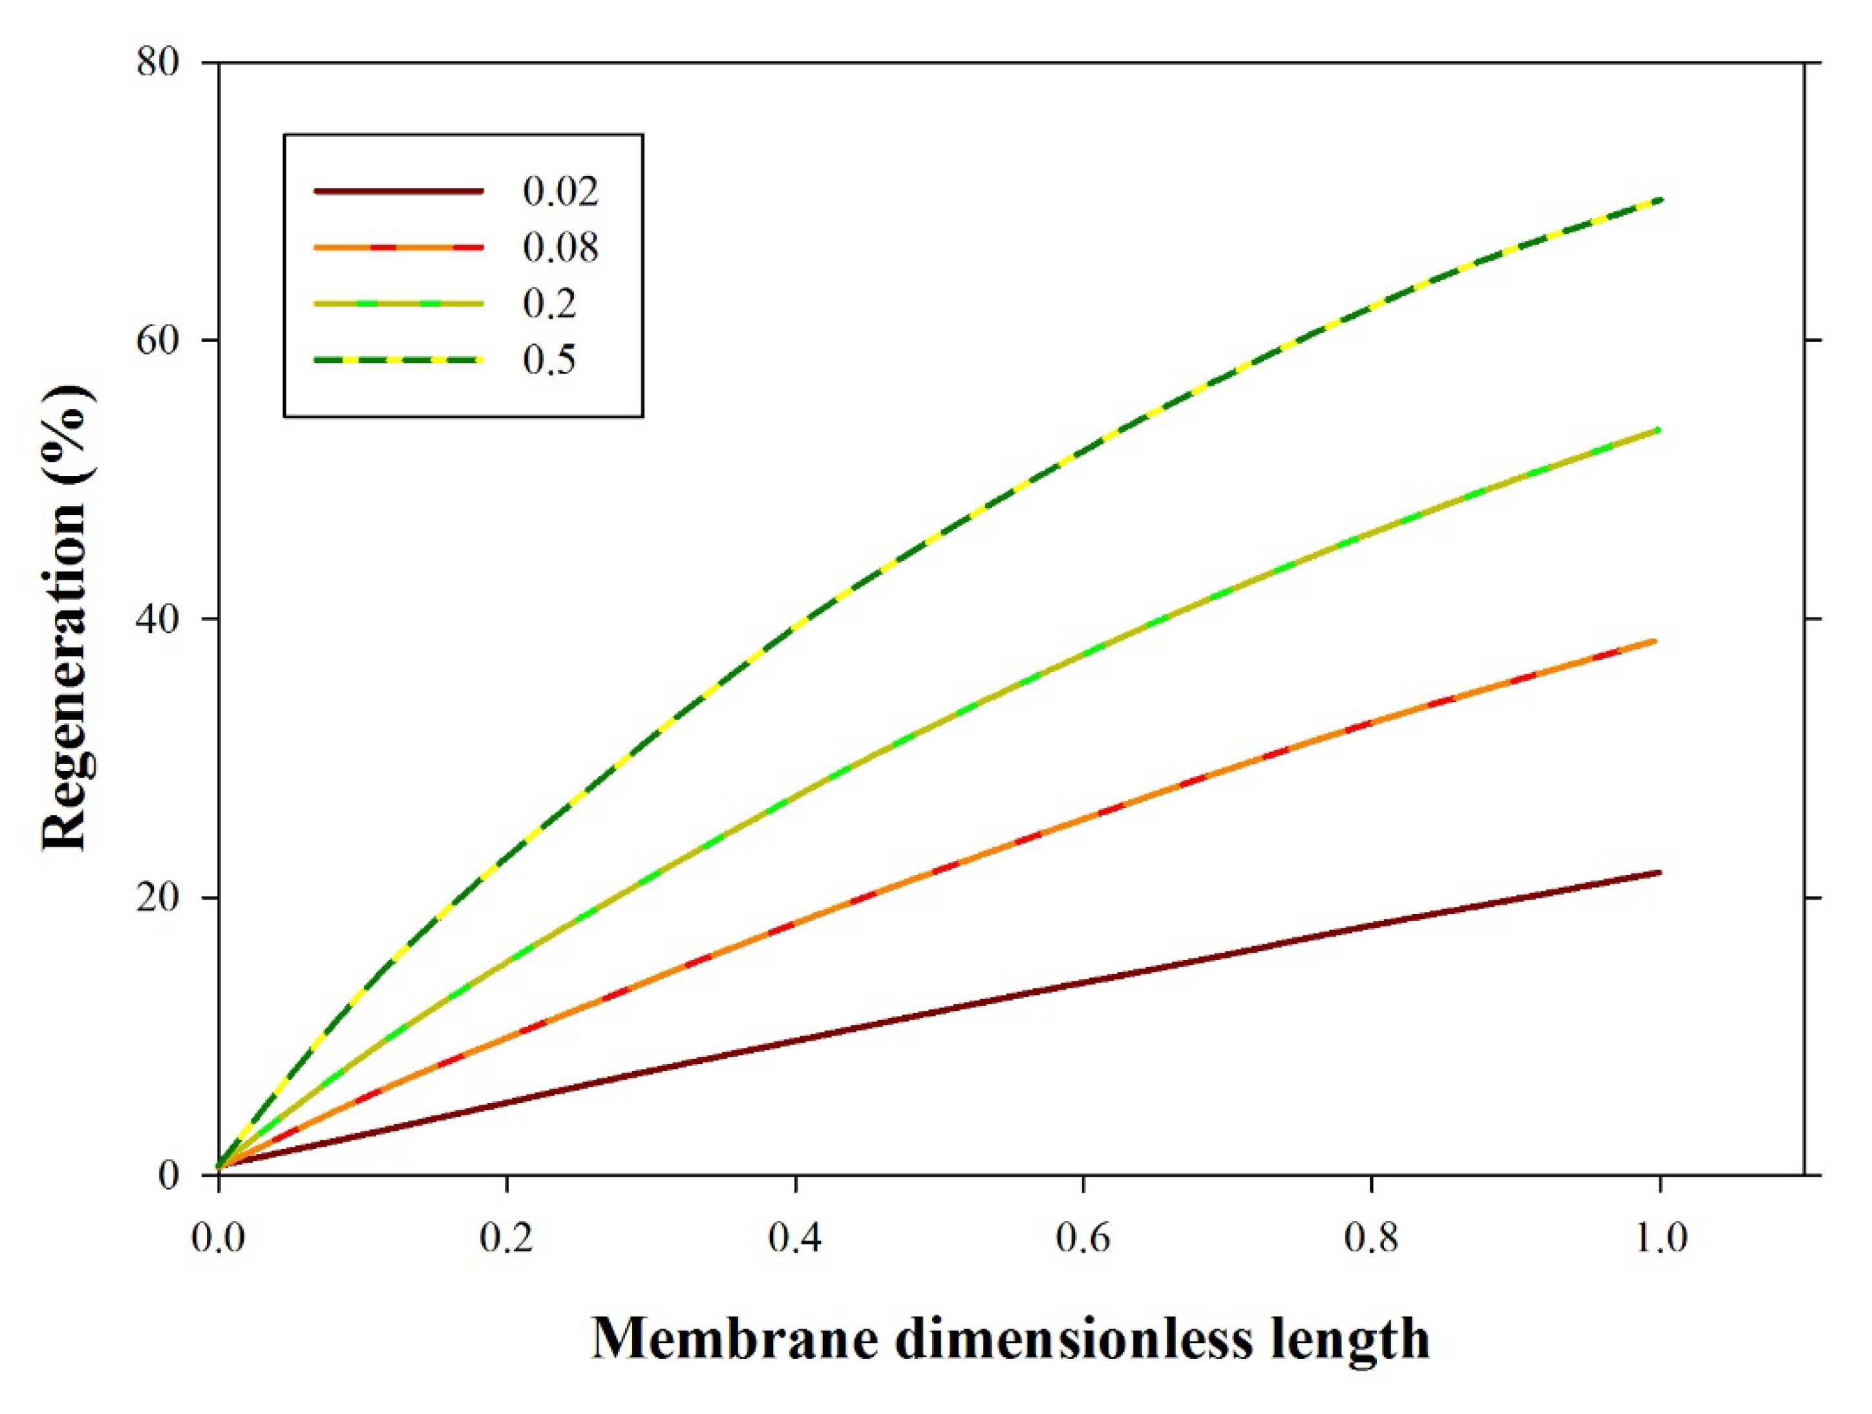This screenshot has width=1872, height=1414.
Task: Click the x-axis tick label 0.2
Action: (507, 1238)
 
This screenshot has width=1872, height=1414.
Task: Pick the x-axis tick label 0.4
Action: (796, 1238)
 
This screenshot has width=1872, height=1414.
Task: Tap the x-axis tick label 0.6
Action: (1083, 1238)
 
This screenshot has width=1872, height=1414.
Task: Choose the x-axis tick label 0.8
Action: (1371, 1238)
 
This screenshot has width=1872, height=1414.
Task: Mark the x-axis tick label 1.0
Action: (1659, 1238)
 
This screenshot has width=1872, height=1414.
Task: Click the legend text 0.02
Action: (560, 191)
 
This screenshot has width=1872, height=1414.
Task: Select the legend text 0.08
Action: (560, 247)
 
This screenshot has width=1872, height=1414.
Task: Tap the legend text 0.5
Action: (549, 360)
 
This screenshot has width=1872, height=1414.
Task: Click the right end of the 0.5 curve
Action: (1661, 200)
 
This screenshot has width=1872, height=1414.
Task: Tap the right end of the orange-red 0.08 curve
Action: (1655, 641)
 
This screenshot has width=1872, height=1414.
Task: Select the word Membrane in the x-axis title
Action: (734, 1340)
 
